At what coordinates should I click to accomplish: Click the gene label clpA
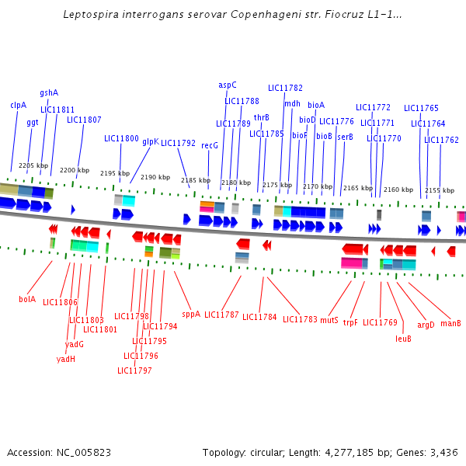click(x=19, y=105)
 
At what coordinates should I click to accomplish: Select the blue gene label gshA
click(x=49, y=92)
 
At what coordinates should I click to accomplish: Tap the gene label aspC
click(x=228, y=85)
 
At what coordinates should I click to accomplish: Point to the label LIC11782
click(x=285, y=88)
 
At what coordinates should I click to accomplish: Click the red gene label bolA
click(x=27, y=299)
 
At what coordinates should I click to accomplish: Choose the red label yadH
click(x=66, y=359)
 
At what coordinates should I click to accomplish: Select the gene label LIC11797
click(x=134, y=370)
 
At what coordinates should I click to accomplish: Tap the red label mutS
click(x=329, y=320)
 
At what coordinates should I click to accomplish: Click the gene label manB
click(x=450, y=323)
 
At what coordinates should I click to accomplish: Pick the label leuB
click(x=403, y=339)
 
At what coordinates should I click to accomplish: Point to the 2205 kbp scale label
click(x=33, y=165)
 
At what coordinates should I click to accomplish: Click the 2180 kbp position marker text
click(x=236, y=183)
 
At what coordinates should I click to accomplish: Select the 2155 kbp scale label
click(x=440, y=190)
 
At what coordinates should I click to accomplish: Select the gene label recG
click(x=210, y=145)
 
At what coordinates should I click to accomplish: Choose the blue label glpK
click(x=150, y=141)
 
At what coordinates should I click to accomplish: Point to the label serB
click(x=345, y=137)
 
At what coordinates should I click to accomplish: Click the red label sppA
click(x=191, y=315)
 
